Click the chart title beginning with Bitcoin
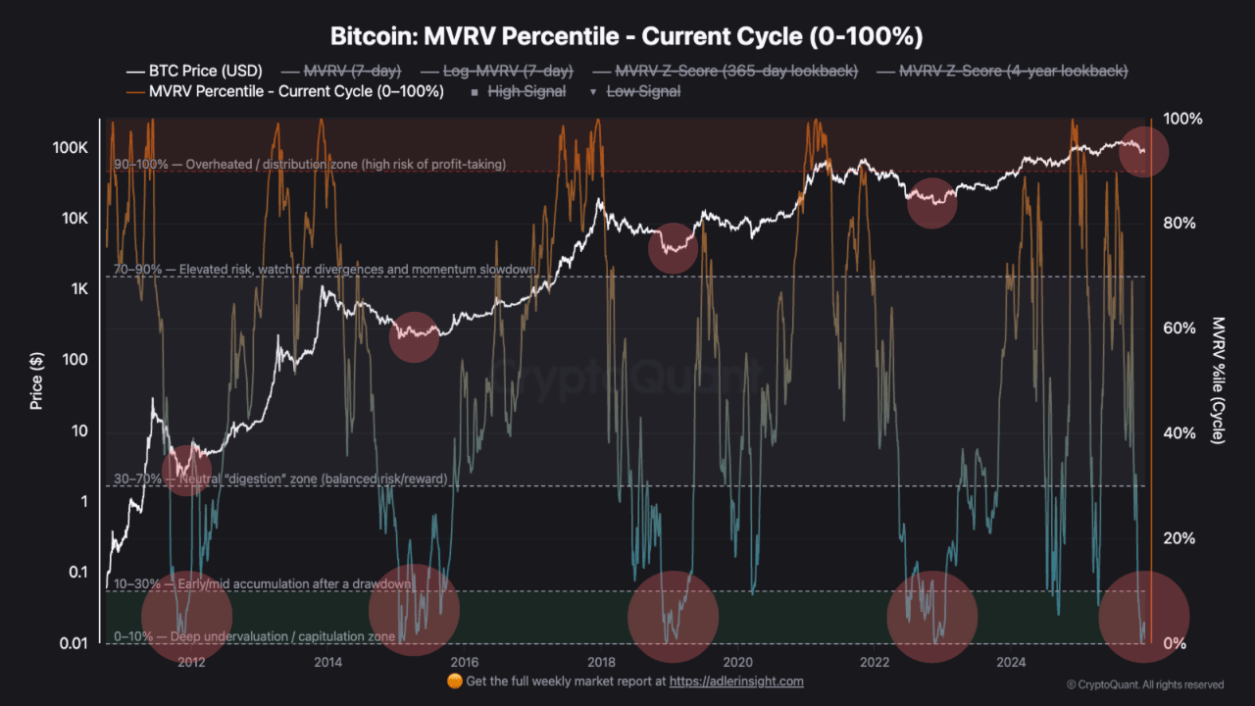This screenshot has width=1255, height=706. (x=627, y=36)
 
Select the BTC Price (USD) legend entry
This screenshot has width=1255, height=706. (x=194, y=71)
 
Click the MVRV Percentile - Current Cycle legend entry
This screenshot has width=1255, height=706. (x=285, y=91)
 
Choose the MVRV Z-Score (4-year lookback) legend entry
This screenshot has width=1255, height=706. (x=1002, y=71)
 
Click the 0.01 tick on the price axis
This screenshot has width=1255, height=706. (x=75, y=643)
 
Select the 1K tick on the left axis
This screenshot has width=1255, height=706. (x=78, y=289)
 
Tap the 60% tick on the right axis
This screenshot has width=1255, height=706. (x=1180, y=328)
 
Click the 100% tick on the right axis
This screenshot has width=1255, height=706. (x=1181, y=119)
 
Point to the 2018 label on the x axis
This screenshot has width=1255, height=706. (x=601, y=661)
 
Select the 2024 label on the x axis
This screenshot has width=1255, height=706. (x=1011, y=661)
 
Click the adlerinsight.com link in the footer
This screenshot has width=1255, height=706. (x=736, y=681)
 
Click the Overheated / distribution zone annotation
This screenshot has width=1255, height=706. (x=310, y=165)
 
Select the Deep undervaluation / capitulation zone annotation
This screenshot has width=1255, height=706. (x=255, y=637)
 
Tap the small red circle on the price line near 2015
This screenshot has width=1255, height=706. (x=414, y=337)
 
